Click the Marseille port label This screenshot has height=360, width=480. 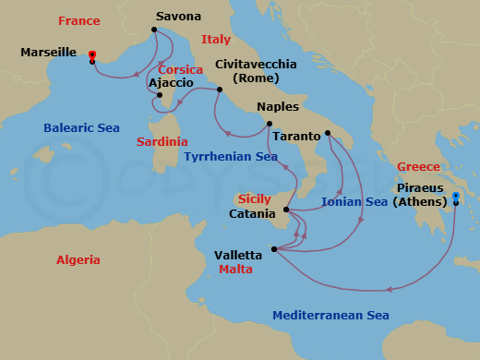(48, 53)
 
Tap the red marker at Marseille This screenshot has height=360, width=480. (92, 55)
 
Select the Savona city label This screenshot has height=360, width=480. (178, 17)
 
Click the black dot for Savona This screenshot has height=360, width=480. (154, 30)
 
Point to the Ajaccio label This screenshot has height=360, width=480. (171, 82)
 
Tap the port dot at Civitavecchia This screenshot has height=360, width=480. (220, 90)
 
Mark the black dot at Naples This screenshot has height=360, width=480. (269, 124)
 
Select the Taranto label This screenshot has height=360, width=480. (297, 136)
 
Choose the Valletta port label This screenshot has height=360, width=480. (238, 255)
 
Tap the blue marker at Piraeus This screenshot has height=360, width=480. (456, 197)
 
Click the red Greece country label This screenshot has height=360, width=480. (418, 167)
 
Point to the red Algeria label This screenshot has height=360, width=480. (78, 260)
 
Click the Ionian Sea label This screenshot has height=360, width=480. (354, 200)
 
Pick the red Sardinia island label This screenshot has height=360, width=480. (162, 142)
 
